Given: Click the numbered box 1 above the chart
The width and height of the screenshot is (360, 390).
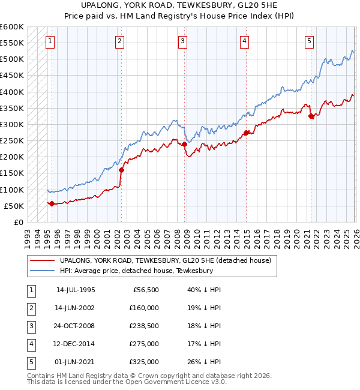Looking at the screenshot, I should tap(49, 41).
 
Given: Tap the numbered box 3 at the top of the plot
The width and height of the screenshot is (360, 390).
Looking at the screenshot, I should tap(182, 41).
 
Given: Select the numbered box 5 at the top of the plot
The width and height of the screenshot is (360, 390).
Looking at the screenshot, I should tap(309, 41).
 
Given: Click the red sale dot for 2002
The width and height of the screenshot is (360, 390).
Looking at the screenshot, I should tap(121, 170).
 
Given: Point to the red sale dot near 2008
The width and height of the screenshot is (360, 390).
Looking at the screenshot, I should tap(184, 144).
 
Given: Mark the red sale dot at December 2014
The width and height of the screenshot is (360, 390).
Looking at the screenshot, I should tap(245, 133).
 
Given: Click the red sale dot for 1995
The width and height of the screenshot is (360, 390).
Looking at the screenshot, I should tap(52, 203).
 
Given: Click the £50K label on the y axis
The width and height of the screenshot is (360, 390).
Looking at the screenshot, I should tap(14, 206).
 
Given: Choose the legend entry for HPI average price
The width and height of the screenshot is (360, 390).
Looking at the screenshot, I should tap(136, 271).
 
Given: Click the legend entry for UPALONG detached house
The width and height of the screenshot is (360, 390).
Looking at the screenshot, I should tap(166, 260).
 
